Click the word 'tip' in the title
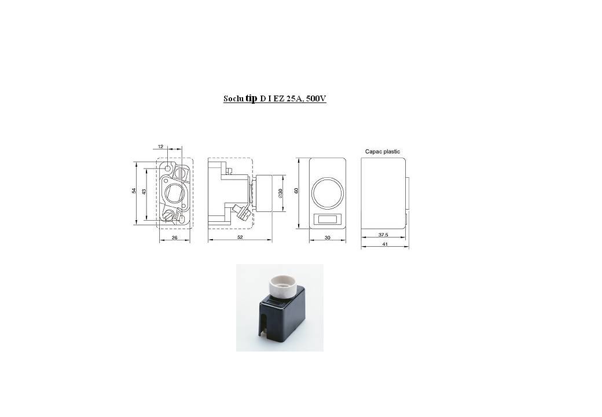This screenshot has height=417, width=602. tap(251, 98)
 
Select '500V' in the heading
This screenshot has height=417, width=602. tap(317, 98)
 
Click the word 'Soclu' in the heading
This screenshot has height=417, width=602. tap(233, 98)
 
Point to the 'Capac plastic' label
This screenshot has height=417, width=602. tap(383, 152)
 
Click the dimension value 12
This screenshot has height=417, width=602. tap(160, 147)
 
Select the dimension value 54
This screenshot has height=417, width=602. tap(134, 191)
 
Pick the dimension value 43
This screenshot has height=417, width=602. tap(144, 191)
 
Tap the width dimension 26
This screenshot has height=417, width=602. tap(175, 237)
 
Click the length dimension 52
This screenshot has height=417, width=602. tap(240, 237)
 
